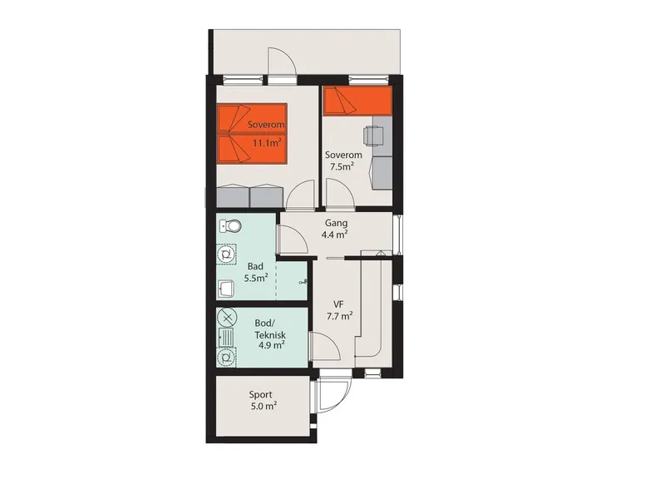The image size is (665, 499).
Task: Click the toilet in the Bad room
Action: point(230,225)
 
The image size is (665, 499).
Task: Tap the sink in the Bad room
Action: point(226,289)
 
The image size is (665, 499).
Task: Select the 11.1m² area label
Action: point(267,142)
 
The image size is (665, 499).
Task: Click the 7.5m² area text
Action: point(342,166)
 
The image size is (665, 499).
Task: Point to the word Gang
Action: point(337,223)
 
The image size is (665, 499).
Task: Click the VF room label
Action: point(338,304)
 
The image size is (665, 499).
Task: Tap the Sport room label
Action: point(260,395)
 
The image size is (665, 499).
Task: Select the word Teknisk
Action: point(270,335)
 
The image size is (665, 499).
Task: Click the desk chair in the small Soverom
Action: point(373,136)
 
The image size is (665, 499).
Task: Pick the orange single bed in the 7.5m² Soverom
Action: point(357,101)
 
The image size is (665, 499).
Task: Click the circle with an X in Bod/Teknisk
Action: point(227,317)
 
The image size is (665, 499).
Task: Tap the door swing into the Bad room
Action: point(292,240)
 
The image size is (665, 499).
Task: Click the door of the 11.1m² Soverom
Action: point(301,195)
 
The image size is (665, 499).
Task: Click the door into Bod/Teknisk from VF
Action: point(326,346)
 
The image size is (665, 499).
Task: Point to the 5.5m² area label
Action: point(256,279)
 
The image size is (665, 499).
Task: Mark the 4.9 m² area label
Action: point(272,344)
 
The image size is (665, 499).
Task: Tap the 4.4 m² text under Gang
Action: point(335,235)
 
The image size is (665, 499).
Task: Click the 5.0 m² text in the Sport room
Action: point(264,406)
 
